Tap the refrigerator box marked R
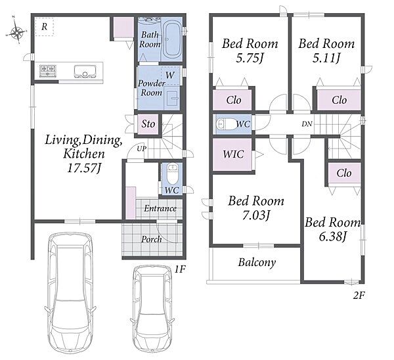pos(44,26)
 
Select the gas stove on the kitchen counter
pos(48,71)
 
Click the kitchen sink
pos(85,71)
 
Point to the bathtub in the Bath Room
pos(172,39)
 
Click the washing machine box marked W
pos(171,75)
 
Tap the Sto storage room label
pos(148,124)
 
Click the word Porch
pos(151,239)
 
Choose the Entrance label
pos(160,208)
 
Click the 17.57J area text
pos(84,168)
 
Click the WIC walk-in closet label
pos(233,154)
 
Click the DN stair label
pos(307,124)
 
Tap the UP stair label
pos(141,148)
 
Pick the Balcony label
pos(257,263)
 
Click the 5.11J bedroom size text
pos(326,58)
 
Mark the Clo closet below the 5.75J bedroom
pos(233,100)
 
